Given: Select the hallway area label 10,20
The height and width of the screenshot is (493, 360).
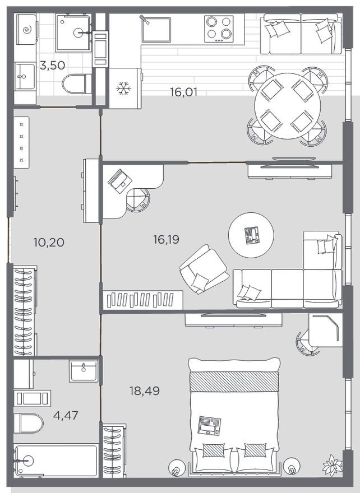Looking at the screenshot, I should (x=49, y=243).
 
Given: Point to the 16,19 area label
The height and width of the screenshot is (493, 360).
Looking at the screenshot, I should (x=166, y=240).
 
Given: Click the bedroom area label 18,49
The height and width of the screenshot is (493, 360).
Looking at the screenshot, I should (x=144, y=390).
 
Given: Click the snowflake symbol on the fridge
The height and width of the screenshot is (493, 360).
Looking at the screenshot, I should (x=122, y=88).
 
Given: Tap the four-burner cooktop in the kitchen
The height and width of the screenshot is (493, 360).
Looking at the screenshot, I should (x=219, y=28).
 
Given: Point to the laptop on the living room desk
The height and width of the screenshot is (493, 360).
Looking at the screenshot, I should (x=120, y=180).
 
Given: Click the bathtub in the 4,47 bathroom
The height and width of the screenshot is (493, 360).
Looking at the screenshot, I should (x=57, y=461).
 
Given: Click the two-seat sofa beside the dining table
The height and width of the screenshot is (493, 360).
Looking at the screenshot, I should (x=301, y=34).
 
